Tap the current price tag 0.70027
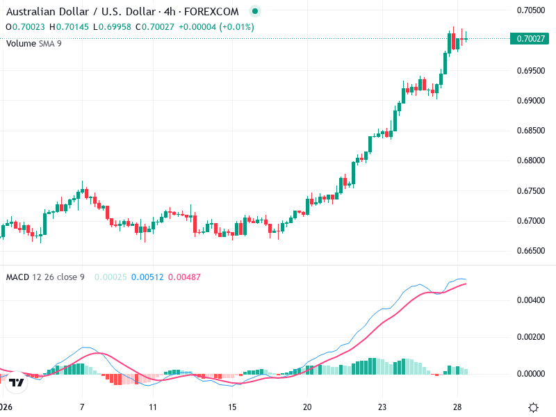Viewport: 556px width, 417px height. coord(530,39)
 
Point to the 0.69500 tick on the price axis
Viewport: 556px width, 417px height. coord(530,71)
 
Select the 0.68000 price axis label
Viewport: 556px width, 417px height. coord(530,161)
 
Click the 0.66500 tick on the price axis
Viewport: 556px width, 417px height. coord(530,251)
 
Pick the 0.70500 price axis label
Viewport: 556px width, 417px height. coord(530,10)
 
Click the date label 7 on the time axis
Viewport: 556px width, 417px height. coord(82,407)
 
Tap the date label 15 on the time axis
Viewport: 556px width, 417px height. coord(233,407)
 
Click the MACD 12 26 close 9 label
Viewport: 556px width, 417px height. coord(45,277)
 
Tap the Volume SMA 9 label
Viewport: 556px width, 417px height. coord(33,43)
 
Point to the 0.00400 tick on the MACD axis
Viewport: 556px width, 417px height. coord(530,300)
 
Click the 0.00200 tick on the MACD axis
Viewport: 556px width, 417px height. coord(530,337)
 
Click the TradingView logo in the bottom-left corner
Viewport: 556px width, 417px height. coord(17,382)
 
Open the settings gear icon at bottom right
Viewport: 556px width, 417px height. coord(534,407)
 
